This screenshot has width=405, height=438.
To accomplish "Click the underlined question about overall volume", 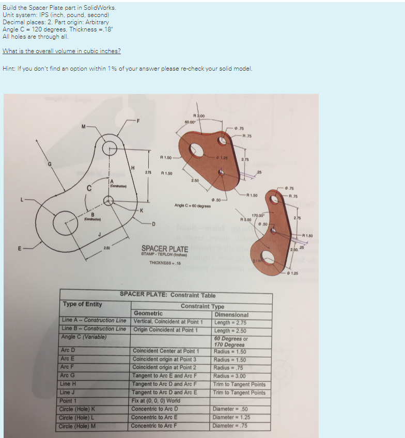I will click(61, 51).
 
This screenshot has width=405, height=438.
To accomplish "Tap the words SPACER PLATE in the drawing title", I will click(165, 249).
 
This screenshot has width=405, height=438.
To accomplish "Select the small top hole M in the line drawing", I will click(110, 149).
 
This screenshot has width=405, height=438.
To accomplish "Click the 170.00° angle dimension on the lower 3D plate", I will click(258, 215).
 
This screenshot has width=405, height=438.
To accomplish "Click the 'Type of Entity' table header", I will click(83, 304).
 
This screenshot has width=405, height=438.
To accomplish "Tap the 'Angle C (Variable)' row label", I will click(84, 337).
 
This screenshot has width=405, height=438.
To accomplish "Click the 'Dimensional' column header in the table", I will click(231, 315).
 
